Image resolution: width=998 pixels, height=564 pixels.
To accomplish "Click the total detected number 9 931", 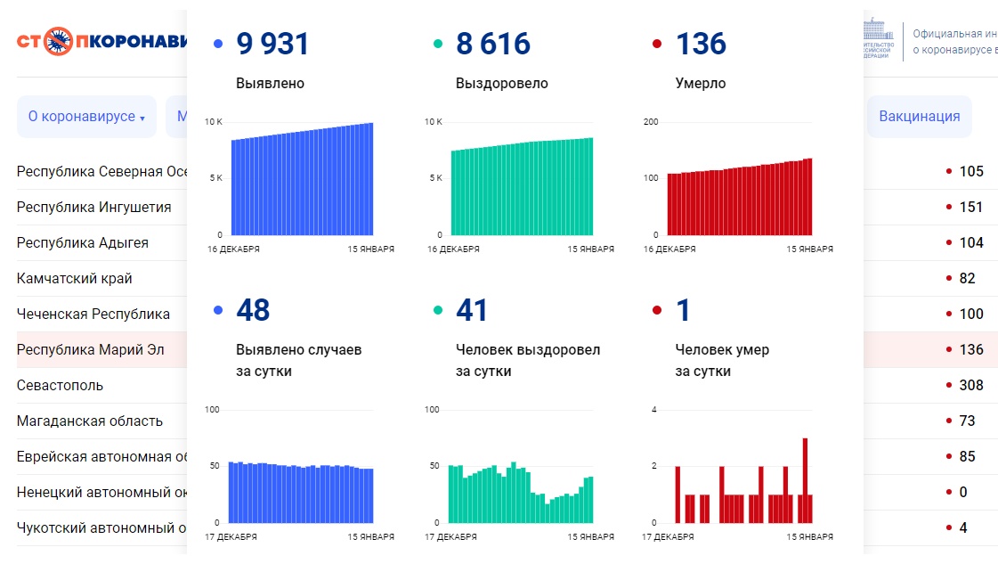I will [272, 44].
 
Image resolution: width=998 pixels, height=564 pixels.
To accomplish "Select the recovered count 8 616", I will [493, 44].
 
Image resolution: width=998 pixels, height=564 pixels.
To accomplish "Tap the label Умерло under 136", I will [701, 84].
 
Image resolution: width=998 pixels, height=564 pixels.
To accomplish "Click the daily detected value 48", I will [253, 310].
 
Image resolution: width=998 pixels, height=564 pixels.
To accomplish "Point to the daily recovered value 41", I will [472, 310].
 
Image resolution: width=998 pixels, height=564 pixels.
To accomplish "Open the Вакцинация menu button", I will [919, 117].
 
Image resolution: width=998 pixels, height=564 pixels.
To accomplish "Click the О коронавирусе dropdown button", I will [86, 117].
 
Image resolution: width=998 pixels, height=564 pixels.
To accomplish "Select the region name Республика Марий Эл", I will [90, 349].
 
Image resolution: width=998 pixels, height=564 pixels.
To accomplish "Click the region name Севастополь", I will [60, 385].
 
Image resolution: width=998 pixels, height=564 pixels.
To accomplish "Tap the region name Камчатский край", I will [74, 278].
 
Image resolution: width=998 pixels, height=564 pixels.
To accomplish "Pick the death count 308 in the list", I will [970, 385].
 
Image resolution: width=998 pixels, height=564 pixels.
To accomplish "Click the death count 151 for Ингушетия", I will [970, 207].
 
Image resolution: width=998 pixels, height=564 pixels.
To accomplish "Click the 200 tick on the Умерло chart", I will [650, 121].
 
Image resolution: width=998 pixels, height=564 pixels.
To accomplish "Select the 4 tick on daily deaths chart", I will [653, 410].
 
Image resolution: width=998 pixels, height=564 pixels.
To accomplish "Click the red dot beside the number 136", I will [657, 44].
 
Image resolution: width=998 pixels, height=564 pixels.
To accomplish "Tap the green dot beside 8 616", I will [437, 44].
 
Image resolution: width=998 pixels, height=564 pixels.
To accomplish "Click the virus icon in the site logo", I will [59, 41].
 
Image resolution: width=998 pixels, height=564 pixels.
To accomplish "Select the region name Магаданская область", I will [90, 421].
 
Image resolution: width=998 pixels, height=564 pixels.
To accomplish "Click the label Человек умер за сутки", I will [722, 360].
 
